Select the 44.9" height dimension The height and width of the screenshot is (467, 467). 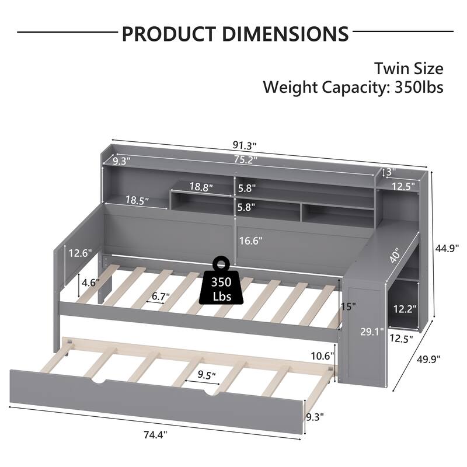(447, 248)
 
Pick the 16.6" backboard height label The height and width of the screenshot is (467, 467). (251, 239)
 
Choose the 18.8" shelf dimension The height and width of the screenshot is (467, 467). (201, 187)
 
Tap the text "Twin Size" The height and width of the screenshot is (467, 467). (409, 68)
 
